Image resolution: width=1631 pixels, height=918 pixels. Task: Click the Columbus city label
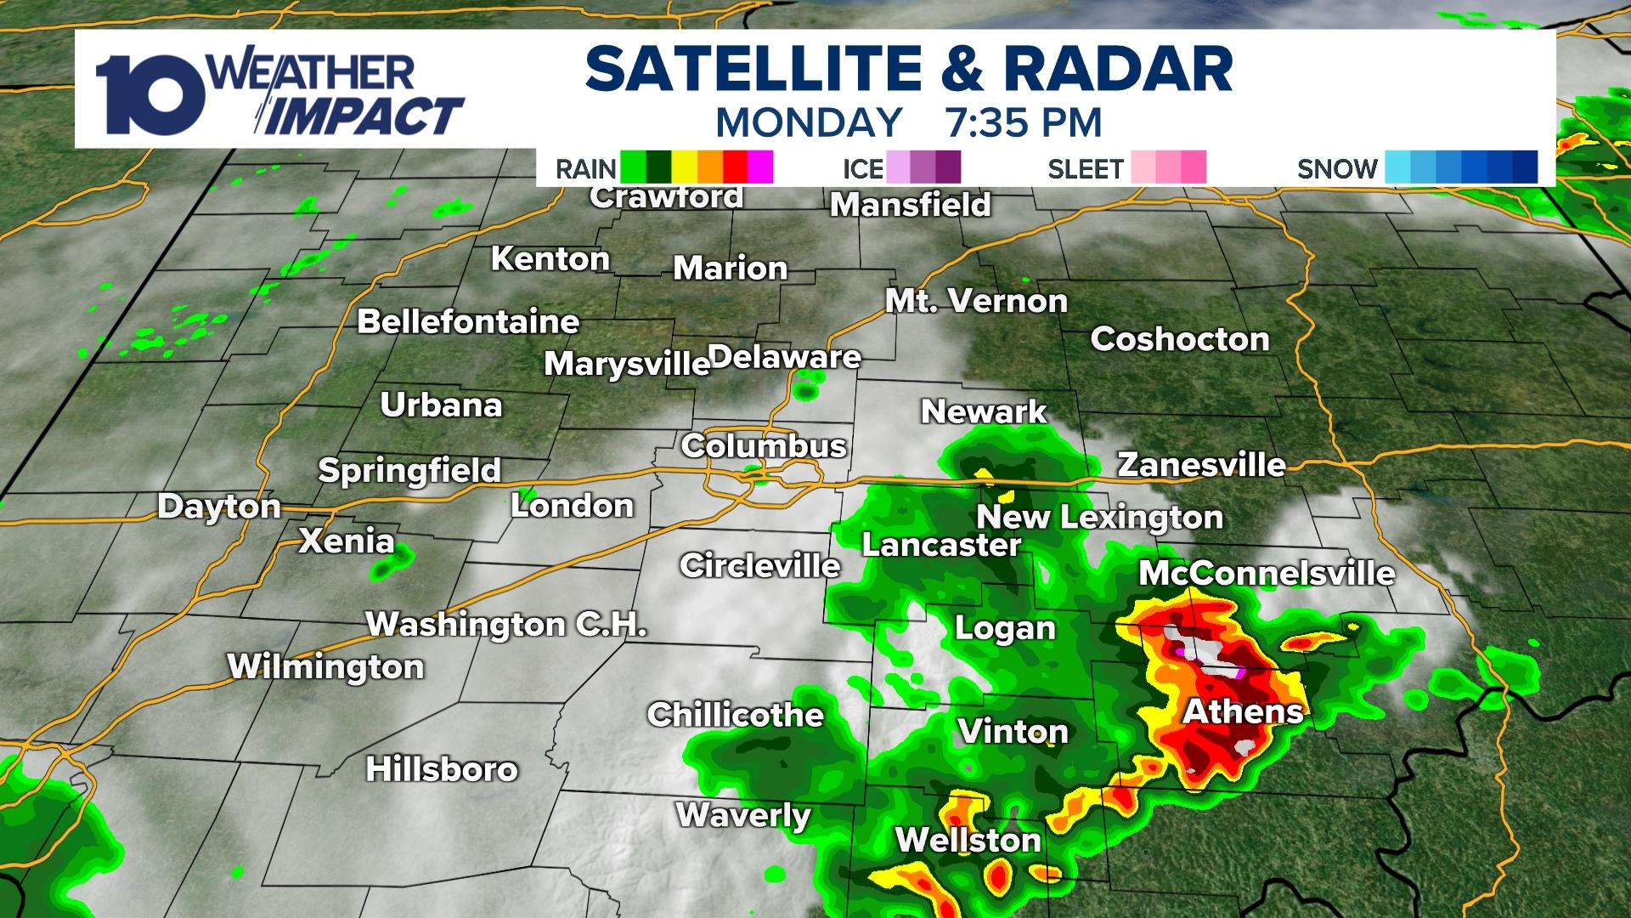(764, 446)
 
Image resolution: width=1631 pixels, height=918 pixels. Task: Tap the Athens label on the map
(1243, 711)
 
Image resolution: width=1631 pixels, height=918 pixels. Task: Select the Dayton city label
(219, 507)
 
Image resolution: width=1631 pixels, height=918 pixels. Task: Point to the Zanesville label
(1201, 465)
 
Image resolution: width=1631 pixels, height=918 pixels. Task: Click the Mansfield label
(910, 205)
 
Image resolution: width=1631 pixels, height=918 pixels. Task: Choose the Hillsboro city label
(442, 769)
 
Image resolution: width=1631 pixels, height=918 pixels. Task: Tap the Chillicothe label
(736, 715)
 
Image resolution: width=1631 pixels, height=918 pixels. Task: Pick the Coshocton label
(1180, 339)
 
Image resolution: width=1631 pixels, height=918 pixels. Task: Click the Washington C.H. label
(506, 625)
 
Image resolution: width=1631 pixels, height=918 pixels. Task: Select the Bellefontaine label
(468, 322)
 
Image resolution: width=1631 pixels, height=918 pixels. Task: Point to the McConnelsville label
(1267, 574)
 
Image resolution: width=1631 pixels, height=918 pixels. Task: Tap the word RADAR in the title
(1118, 70)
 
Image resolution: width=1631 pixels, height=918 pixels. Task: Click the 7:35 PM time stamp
(1024, 122)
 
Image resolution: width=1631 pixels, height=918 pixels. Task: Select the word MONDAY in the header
(809, 122)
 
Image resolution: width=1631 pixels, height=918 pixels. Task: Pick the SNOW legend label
(1337, 169)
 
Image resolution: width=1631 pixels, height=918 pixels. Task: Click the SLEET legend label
(1086, 169)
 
